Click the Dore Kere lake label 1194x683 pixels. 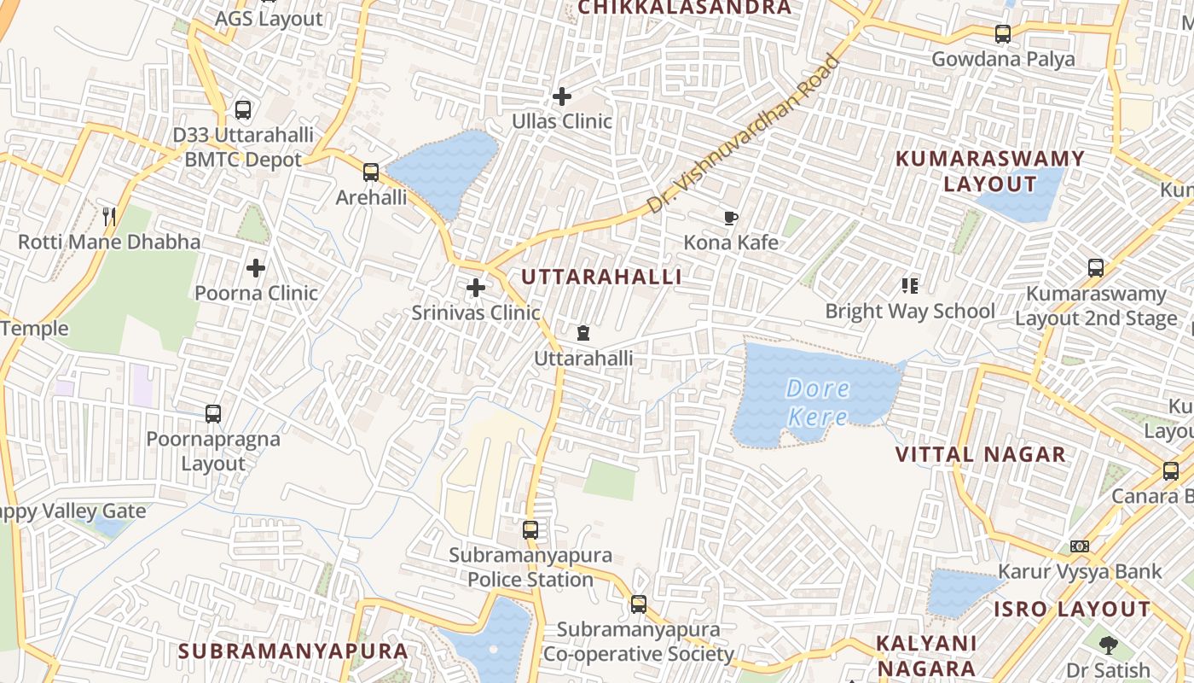(817, 403)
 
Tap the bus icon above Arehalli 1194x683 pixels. (370, 172)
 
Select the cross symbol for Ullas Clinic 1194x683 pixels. (562, 96)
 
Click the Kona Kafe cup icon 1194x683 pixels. (731, 218)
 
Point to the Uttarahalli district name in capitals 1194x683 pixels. (601, 277)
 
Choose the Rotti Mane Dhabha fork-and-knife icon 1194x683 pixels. (109, 217)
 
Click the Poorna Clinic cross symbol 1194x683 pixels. (256, 268)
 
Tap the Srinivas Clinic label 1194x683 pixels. (476, 312)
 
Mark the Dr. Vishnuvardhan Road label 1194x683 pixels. (742, 136)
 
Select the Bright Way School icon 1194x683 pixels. (910, 286)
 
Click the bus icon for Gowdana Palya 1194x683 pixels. (1003, 35)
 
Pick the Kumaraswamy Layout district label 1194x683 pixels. (989, 171)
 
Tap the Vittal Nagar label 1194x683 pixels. (981, 454)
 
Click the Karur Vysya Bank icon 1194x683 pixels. (1080, 546)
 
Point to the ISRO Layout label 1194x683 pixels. (1072, 610)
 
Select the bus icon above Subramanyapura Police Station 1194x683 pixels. (530, 530)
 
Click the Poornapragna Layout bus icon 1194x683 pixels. (213, 414)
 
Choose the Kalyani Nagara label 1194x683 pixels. (926, 656)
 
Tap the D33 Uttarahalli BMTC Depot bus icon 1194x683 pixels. (243, 110)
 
